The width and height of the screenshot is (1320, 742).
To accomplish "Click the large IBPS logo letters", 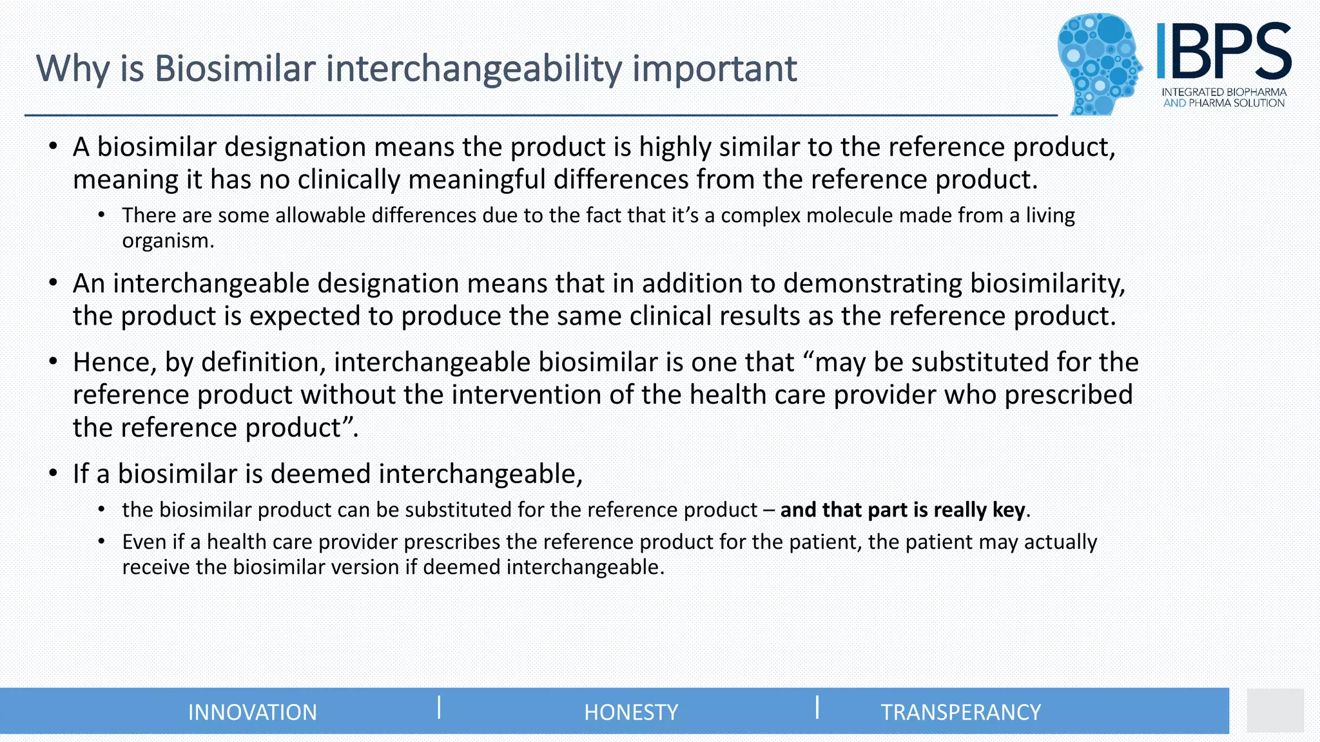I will point(1223,52).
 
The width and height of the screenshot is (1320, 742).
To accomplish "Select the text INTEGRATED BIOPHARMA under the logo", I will point(1224,92).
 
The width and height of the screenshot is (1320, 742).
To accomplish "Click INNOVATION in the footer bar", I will point(252,712).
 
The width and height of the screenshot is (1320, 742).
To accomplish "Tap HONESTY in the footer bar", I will point(631,712).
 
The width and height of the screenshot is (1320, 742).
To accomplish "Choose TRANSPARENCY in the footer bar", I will point(960,712).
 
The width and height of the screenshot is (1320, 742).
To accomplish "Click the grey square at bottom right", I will point(1275,710).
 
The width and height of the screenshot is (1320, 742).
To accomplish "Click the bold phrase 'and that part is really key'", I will point(902,510).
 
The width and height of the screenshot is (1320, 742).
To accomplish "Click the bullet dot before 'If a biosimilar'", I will point(53,473).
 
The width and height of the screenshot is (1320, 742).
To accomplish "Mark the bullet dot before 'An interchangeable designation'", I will point(53,283).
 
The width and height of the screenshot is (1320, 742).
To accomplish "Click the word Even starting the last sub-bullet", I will point(144,542).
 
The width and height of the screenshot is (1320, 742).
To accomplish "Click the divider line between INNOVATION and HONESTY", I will point(439,707).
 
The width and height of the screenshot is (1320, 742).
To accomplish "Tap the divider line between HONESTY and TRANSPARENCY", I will point(817,707).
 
